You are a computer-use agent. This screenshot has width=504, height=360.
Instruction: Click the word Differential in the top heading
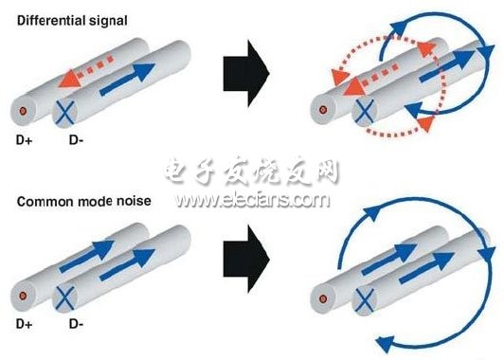51,21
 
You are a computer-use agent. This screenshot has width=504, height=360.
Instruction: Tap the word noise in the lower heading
134,201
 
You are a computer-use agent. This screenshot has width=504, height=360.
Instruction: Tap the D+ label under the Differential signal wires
24,140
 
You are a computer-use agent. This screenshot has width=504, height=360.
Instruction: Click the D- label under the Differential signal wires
76,140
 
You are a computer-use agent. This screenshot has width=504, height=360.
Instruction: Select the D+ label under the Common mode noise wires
24,324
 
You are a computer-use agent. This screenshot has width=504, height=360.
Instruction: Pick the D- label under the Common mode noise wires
76,324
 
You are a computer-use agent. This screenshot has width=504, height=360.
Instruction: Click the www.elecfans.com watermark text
252,200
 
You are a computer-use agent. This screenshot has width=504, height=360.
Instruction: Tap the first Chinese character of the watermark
176,170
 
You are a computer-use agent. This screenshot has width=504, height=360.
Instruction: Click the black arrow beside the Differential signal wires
246,73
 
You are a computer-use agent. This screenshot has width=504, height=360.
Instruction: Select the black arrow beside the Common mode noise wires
246,259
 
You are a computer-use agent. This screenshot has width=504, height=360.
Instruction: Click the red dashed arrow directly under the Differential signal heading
86,71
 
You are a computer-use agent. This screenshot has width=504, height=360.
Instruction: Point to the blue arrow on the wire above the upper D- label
127,79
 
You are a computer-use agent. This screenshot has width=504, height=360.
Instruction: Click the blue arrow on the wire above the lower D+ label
87,256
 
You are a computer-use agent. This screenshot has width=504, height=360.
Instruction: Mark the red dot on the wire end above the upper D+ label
23,111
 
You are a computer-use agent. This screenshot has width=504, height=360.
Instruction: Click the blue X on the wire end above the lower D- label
65,298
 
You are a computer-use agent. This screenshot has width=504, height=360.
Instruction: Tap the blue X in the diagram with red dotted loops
365,111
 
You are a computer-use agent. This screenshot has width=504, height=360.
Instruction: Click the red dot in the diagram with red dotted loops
323,110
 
